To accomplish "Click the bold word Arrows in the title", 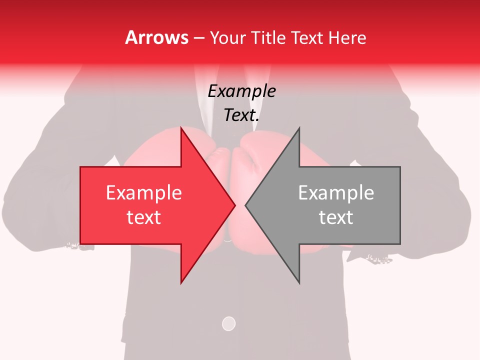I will (x=156, y=37).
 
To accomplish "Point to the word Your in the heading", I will (x=228, y=38).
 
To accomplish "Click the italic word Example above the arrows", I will (x=241, y=91).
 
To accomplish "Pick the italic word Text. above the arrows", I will (x=241, y=115).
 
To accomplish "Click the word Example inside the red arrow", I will (x=143, y=192).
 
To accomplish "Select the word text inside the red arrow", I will (x=143, y=217).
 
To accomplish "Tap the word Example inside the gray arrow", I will (x=336, y=192).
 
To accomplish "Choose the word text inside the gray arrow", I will (x=336, y=217).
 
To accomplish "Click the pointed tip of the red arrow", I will (x=235, y=205).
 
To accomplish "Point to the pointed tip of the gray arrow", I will (x=245, y=205).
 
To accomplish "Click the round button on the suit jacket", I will (x=228, y=323).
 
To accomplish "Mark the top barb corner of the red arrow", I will (x=181, y=128).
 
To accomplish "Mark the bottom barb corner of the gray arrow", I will (x=299, y=283).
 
